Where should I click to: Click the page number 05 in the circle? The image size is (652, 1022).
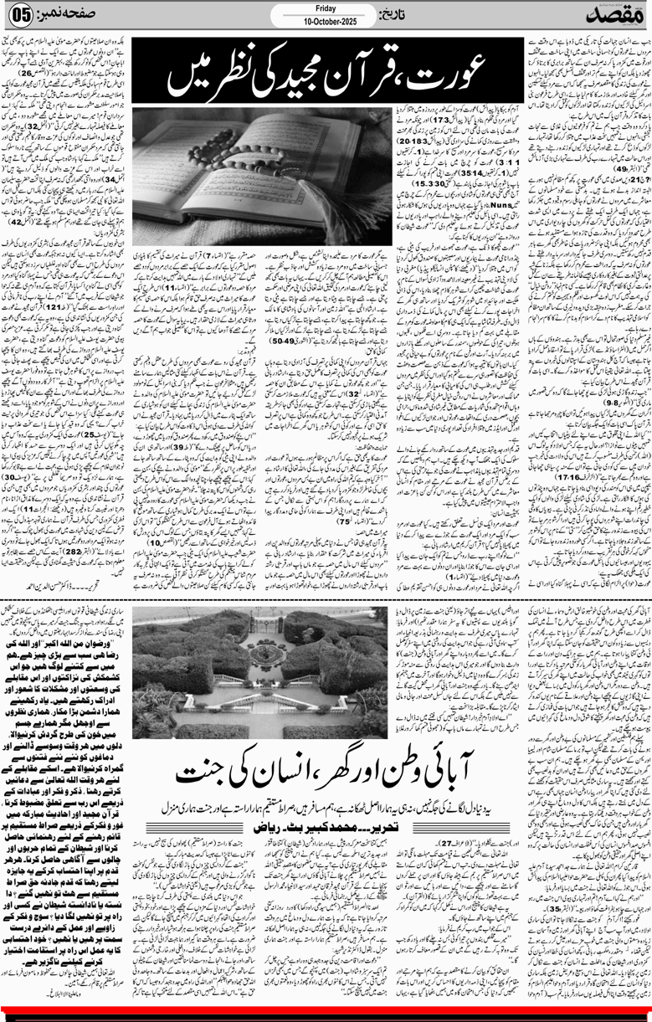pos(19,17)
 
